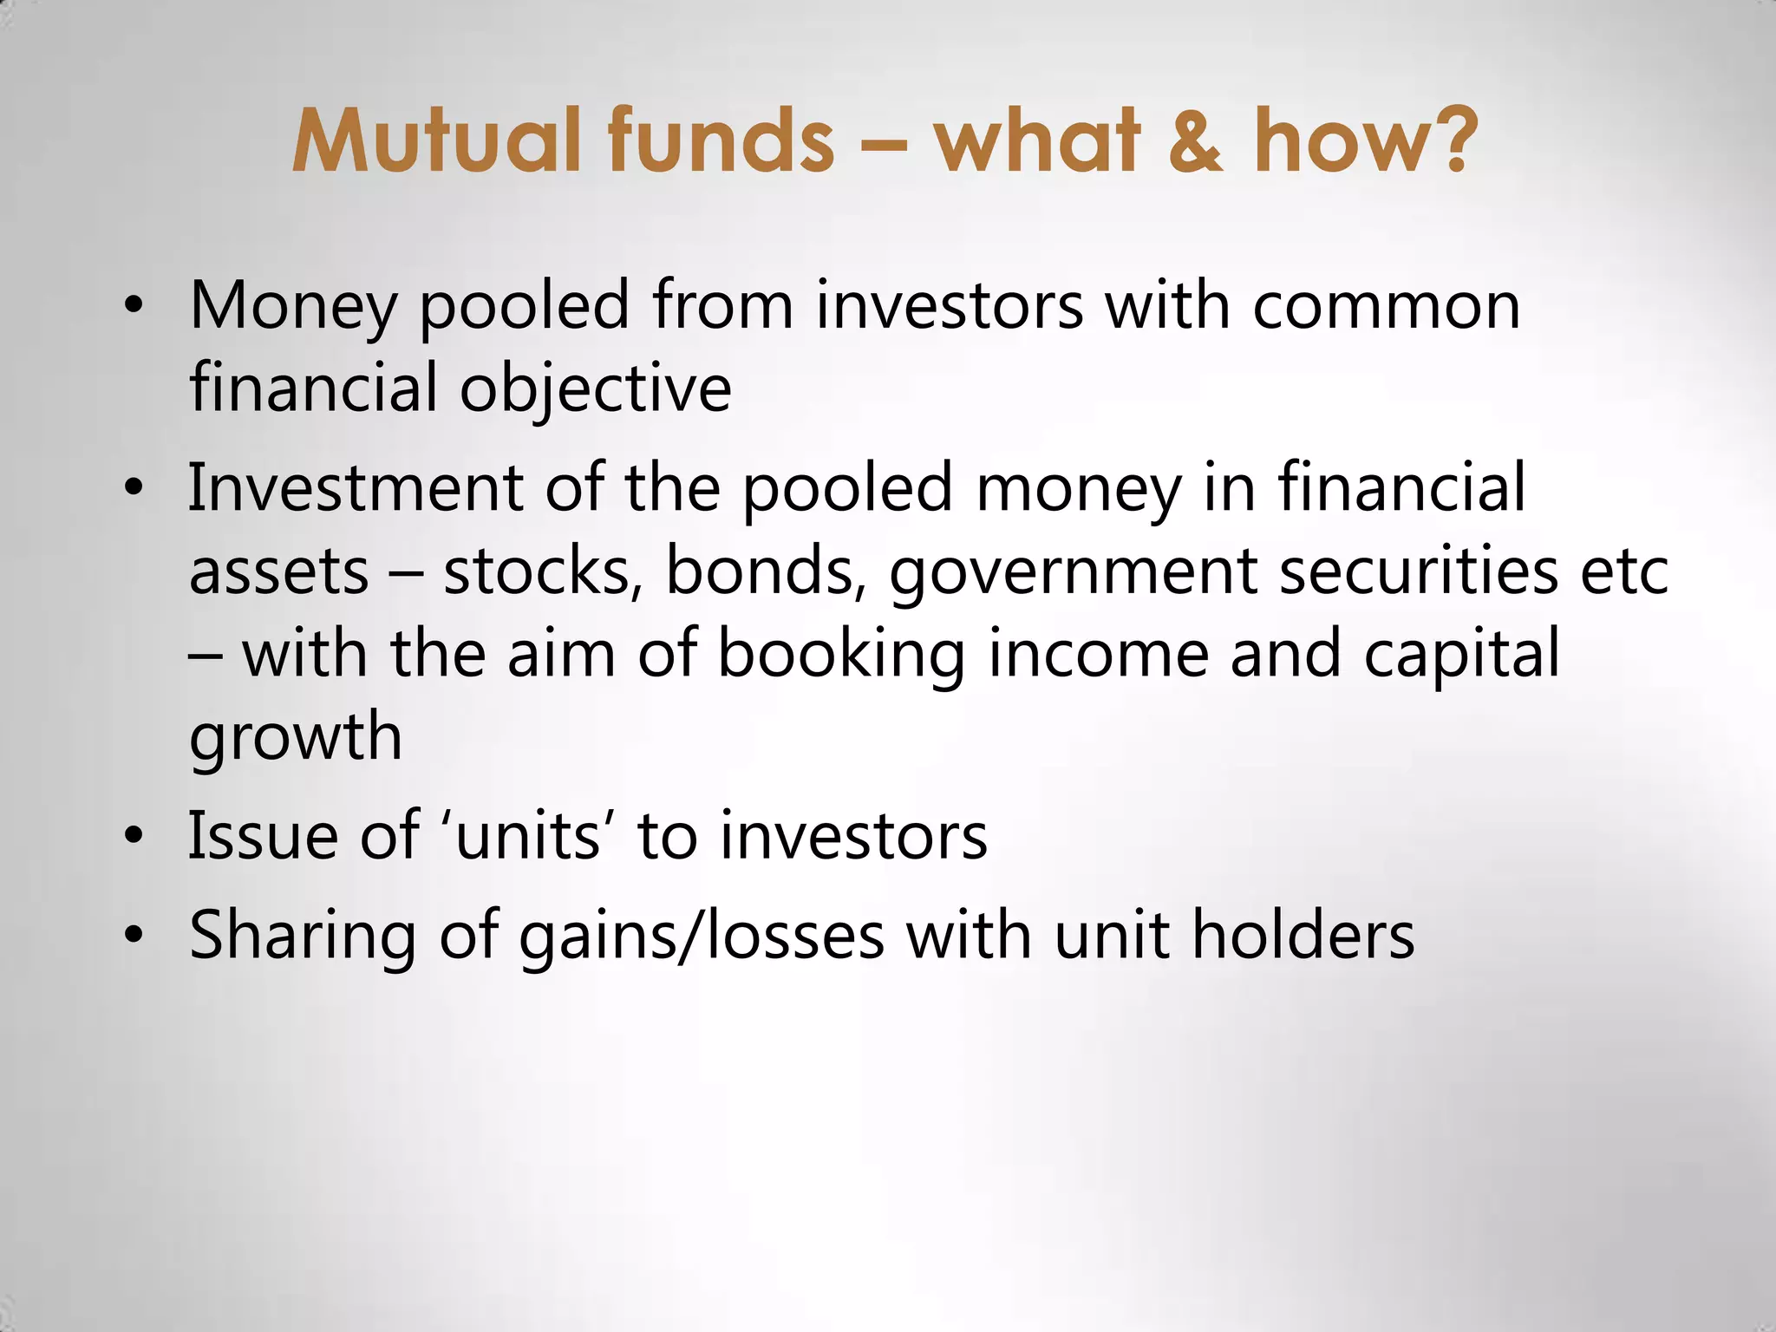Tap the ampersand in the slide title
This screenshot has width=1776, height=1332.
[1195, 140]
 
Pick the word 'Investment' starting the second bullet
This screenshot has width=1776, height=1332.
[355, 488]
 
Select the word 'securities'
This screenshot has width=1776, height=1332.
[1419, 571]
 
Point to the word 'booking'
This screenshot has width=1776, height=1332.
[841, 656]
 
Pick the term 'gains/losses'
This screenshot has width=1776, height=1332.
[702, 937]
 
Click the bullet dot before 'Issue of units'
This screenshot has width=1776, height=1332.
[133, 837]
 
